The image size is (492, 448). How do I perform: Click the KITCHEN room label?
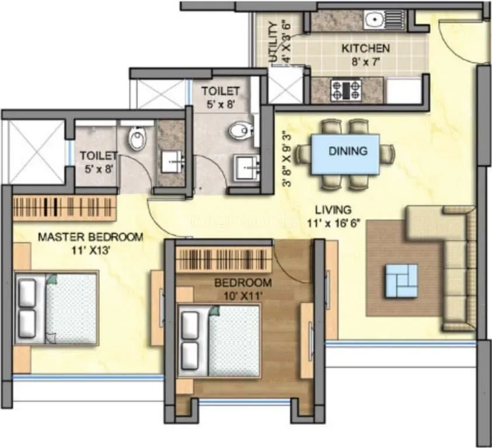coord(365,48)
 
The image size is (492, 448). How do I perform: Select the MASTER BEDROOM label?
coord(90,237)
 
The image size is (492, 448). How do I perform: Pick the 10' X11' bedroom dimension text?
coord(243,295)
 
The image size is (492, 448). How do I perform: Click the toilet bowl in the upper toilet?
coord(239,130)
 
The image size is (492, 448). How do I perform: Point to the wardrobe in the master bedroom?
coord(64,208)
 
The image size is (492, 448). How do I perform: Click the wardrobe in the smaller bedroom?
coord(224,259)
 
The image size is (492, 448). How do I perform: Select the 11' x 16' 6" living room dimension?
coord(333,222)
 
